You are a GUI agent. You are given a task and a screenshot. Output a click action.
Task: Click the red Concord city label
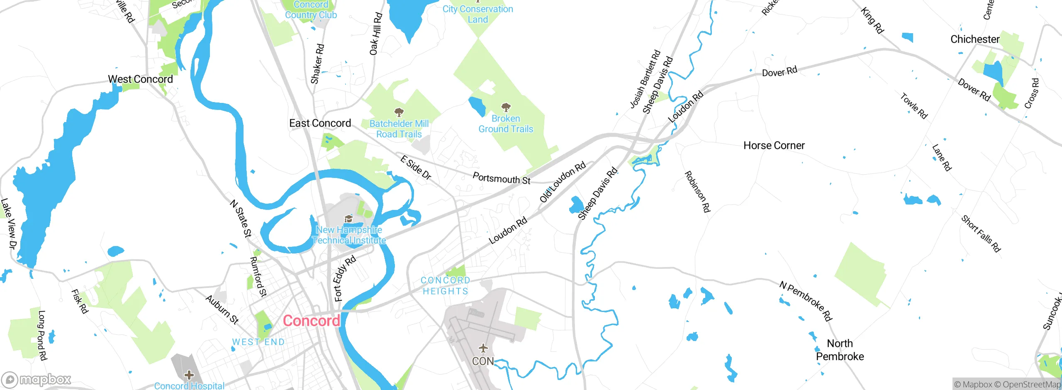coord(311,321)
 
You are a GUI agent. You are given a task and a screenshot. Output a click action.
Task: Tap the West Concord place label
coord(140,79)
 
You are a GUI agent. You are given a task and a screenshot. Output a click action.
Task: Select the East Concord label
coord(320,123)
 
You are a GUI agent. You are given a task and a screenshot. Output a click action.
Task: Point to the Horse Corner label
coord(774,146)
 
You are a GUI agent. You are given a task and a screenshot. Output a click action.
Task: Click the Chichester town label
coord(975,39)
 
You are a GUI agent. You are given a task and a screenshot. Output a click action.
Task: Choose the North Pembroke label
coord(840,350)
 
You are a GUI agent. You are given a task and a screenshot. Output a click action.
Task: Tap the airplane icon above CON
coord(483,348)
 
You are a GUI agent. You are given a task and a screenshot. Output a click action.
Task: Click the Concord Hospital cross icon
coord(189,375)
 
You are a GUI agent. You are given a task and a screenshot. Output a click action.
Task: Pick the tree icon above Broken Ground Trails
coord(506,108)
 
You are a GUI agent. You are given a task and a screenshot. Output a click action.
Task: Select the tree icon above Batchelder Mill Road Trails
coord(399,112)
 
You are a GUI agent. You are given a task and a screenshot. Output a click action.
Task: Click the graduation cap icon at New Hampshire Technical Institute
coord(348,219)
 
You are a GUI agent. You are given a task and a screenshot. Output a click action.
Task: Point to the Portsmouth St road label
coord(502,178)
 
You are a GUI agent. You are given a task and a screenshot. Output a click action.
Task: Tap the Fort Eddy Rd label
coord(345,278)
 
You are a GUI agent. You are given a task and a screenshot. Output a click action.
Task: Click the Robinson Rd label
coord(697,191)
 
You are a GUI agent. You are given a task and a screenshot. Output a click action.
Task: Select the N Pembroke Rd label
coord(806,301)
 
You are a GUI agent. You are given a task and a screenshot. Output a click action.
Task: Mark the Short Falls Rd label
coord(981,234)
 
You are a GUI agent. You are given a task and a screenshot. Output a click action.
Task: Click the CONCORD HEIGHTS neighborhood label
coord(446,286)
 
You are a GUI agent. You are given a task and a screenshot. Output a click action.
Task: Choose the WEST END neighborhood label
coord(258,342)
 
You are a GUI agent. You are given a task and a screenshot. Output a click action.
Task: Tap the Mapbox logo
coord(37,380)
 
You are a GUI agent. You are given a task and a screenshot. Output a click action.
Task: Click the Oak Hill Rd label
coord(376,34)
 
